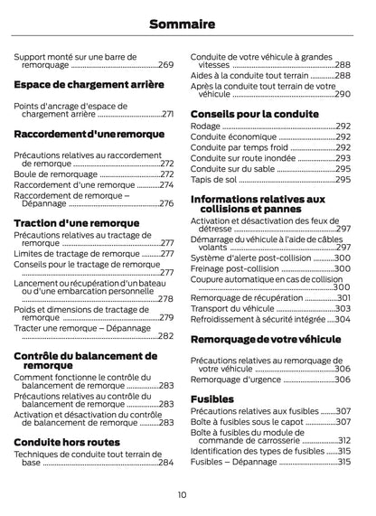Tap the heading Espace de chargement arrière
(89, 85)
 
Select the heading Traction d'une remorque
(77, 222)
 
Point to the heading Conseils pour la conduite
(254, 114)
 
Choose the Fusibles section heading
(212, 399)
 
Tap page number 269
(166, 65)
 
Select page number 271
(167, 115)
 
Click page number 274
(166, 184)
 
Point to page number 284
(166, 463)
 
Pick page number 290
(343, 94)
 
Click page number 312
(343, 440)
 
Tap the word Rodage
(205, 127)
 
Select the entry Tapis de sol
(214, 180)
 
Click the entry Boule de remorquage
(55, 174)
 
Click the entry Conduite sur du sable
(234, 169)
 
